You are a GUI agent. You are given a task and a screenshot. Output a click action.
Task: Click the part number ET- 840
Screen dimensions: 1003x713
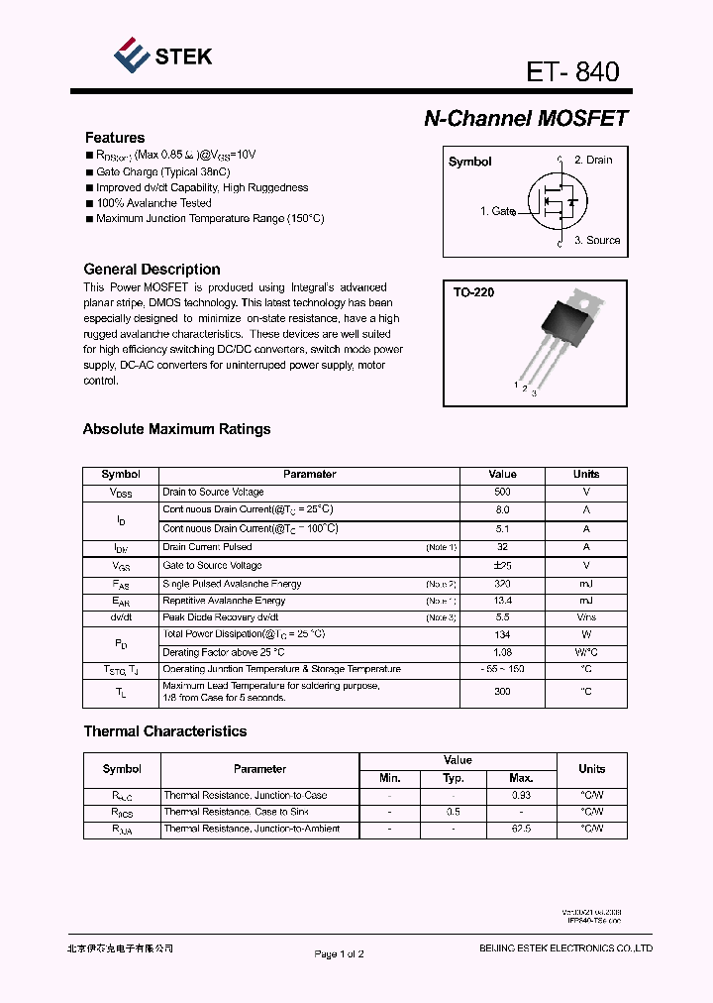[573, 71]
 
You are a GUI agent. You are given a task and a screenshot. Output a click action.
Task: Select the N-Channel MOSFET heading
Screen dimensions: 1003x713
[526, 118]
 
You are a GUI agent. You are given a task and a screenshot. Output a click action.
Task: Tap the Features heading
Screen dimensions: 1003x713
[115, 138]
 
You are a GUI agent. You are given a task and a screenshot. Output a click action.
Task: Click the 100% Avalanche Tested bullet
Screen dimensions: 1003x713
[153, 203]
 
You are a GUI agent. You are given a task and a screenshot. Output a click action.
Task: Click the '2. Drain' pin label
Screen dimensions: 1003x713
[593, 160]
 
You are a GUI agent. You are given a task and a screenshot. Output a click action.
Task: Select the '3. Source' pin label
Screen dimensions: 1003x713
[597, 240]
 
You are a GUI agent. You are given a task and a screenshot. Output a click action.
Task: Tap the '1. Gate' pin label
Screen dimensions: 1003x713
[498, 211]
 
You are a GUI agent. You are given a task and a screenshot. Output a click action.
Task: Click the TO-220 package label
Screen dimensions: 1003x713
[473, 292]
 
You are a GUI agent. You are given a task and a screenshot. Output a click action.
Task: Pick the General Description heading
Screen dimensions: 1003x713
[152, 270]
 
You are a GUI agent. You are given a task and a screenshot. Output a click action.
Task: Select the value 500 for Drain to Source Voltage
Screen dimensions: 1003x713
[502, 492]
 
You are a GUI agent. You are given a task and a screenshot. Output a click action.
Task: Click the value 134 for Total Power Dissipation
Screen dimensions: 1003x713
[502, 634]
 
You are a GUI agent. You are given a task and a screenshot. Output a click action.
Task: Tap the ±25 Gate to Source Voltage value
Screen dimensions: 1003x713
[502, 565]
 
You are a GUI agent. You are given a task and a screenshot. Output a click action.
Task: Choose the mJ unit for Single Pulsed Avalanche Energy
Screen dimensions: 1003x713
[586, 584]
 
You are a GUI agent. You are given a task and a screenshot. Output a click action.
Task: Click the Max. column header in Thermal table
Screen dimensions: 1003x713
[520, 778]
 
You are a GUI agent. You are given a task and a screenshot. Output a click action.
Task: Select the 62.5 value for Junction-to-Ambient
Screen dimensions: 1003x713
[520, 829]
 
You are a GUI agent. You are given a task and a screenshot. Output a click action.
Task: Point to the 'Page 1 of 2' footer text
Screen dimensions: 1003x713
[340, 954]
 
